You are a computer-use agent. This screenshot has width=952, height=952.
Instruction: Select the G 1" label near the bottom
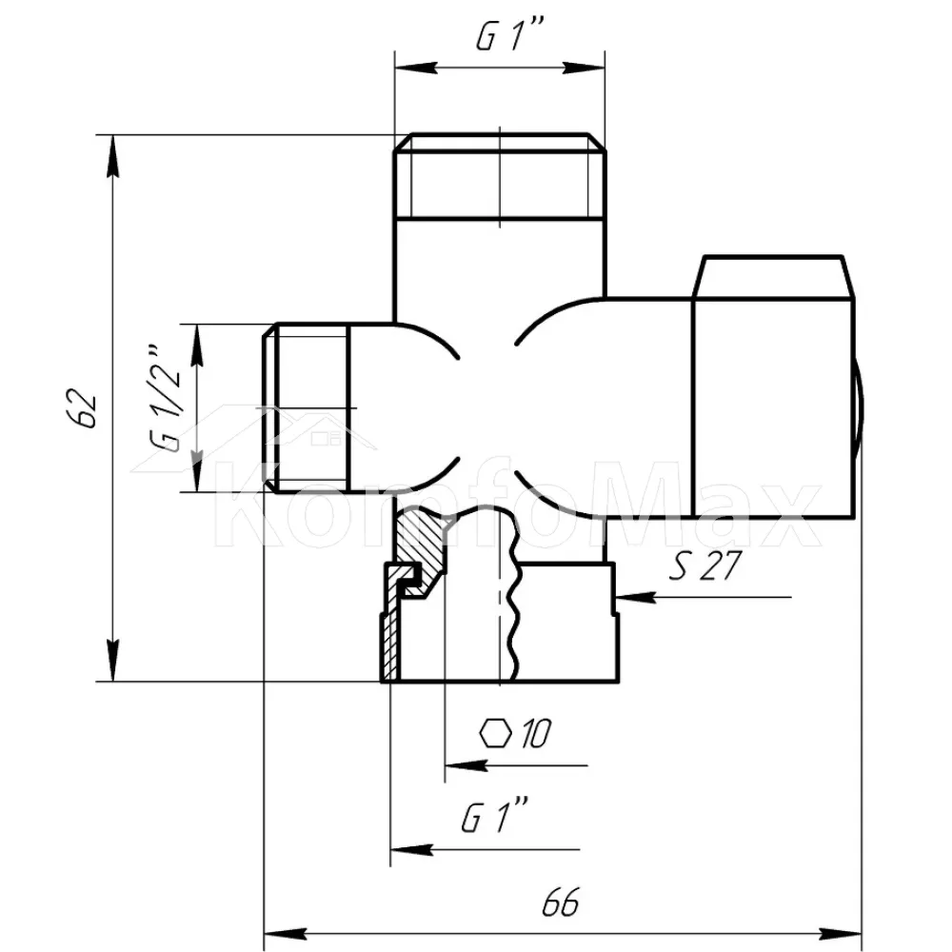[x=494, y=817]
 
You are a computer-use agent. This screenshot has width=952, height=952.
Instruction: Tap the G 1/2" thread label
[x=164, y=400]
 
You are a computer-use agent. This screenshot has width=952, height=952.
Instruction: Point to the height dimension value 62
[x=81, y=408]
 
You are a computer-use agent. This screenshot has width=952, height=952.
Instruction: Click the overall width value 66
[x=561, y=902]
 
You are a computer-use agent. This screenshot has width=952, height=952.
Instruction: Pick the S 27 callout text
[x=704, y=565]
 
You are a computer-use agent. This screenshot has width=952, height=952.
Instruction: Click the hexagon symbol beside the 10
[x=495, y=733]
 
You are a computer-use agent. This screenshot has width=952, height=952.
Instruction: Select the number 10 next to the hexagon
[x=535, y=733]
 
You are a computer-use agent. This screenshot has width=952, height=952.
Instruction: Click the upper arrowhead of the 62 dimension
[x=112, y=156]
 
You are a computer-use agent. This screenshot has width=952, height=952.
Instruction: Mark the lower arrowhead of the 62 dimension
[x=112, y=660]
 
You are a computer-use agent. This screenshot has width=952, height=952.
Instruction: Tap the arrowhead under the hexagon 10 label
[x=466, y=765]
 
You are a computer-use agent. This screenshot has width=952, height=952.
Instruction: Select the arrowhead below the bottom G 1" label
[x=411, y=849]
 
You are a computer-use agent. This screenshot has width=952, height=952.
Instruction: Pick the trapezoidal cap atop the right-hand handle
[x=773, y=277]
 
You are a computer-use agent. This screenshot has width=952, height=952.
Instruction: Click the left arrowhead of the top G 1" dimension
[x=416, y=68]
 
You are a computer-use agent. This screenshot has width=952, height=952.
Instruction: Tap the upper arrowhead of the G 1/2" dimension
[x=196, y=347]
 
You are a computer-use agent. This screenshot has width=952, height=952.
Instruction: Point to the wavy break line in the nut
[x=514, y=598]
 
